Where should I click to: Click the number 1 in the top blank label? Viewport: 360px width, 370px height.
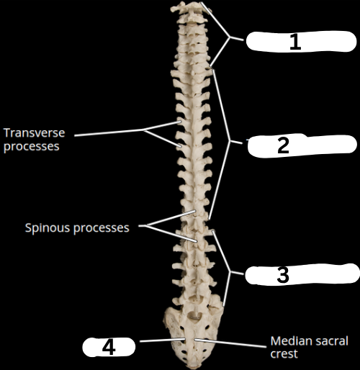coord(295,42)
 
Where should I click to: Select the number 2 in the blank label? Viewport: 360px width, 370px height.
coord(283,145)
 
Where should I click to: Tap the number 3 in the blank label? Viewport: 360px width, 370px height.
coord(283,275)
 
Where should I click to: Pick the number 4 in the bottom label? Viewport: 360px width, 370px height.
coord(109,347)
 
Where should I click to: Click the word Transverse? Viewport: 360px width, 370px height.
coord(35,132)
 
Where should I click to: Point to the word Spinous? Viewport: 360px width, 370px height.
coord(48,227)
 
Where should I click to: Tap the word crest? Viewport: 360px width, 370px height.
coord(284,353)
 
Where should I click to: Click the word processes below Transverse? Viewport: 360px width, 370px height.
coord(32,146)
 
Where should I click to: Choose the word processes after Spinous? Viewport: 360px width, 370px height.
coord(102,227)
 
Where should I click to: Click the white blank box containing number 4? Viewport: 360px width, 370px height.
coord(109,347)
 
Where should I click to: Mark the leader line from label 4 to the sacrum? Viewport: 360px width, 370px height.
coord(163,340)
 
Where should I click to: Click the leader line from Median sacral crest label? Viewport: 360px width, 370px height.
coord(230,343)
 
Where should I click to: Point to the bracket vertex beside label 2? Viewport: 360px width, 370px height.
coord(230,141)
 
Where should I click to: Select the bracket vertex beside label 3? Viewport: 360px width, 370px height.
coord(230,272)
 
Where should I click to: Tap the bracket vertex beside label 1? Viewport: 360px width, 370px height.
coord(230,37)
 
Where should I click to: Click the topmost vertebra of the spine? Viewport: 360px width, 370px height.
coord(189,6)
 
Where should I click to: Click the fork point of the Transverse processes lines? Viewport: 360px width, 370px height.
coord(144,130)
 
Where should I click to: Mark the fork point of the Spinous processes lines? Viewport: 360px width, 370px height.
coord(147,225)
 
